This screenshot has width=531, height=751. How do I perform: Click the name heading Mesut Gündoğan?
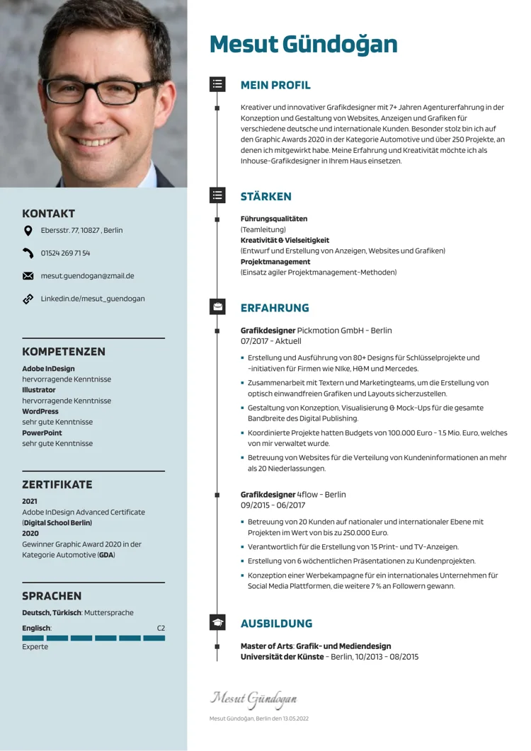click(303, 45)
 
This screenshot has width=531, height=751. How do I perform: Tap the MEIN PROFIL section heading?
click(275, 86)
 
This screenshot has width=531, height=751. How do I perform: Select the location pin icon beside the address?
click(28, 230)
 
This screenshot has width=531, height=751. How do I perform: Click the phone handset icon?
click(28, 253)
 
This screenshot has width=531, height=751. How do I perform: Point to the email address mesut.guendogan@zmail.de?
click(87, 276)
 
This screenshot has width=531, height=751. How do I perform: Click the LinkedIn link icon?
click(28, 299)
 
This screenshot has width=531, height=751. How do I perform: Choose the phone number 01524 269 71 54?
click(65, 253)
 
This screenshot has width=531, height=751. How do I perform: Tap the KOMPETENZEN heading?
click(64, 352)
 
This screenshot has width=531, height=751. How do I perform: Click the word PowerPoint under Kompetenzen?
click(42, 432)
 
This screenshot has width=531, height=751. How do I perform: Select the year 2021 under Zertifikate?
click(30, 501)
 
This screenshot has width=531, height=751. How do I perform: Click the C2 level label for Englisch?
click(161, 629)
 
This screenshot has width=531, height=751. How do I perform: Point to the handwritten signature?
click(253, 699)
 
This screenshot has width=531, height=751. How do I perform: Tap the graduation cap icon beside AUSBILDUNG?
click(217, 622)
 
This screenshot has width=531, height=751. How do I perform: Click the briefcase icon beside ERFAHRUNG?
click(217, 306)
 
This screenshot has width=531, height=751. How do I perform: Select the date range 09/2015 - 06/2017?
click(273, 505)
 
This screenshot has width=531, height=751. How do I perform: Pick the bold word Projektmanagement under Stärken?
click(275, 262)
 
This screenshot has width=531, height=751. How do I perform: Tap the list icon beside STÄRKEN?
click(217, 195)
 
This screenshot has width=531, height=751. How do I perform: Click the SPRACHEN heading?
click(52, 596)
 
